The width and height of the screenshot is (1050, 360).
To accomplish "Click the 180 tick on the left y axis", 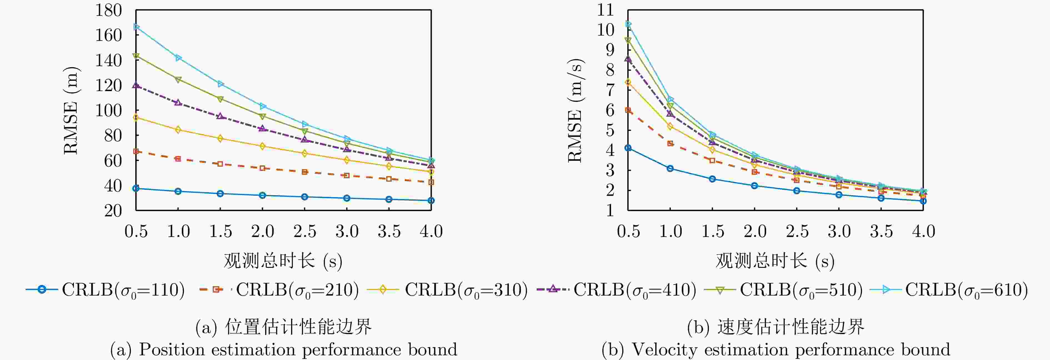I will (108, 10).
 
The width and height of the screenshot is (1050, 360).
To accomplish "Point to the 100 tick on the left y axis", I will (108, 111).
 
